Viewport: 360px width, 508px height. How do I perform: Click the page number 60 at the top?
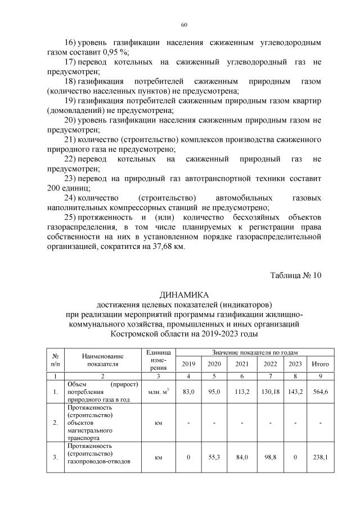(x=184, y=25)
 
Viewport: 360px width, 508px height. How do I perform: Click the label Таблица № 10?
(x=295, y=276)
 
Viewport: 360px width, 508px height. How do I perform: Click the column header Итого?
(x=321, y=364)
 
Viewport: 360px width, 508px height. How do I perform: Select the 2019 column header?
(x=189, y=364)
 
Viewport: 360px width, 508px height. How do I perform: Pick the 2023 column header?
(x=295, y=364)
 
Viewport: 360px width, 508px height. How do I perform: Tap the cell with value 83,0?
(x=189, y=391)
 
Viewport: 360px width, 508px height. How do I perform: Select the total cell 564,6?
(x=321, y=391)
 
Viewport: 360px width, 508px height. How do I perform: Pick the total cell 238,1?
(x=321, y=457)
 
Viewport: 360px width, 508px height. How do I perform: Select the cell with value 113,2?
(x=242, y=391)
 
